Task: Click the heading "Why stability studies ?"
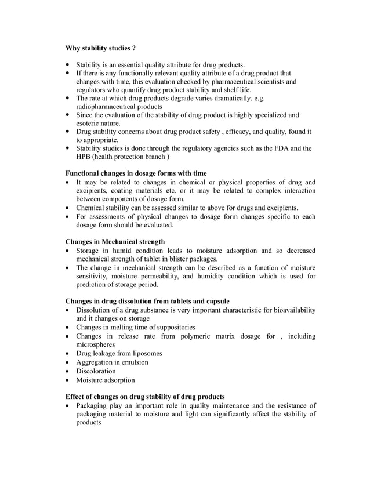point(101,48)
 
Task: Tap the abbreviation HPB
point(85,157)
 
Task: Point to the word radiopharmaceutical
point(110,107)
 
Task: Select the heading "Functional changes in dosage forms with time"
point(136,173)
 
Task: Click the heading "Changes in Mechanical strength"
point(115,241)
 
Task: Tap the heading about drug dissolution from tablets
point(147,301)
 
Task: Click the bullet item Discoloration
point(96,371)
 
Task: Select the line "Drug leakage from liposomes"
point(119,353)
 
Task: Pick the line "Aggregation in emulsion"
point(112,362)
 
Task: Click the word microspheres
point(100,344)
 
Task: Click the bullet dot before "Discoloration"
point(69,371)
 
